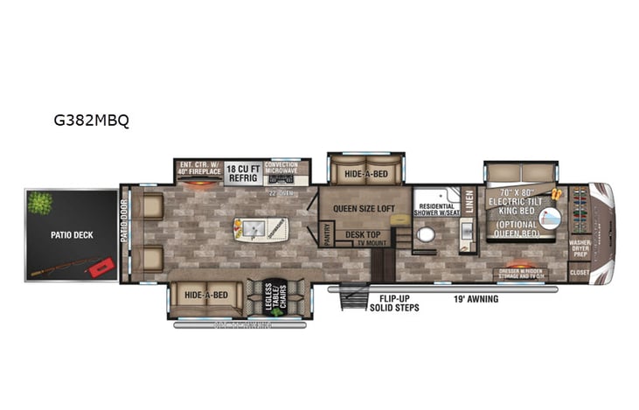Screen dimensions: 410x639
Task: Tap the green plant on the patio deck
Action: pyautogui.click(x=39, y=203)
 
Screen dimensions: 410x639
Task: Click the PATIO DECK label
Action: pyautogui.click(x=72, y=234)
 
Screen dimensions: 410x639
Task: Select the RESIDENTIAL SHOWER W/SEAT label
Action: pyautogui.click(x=434, y=209)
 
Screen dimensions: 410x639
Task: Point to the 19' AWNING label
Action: pyautogui.click(x=476, y=299)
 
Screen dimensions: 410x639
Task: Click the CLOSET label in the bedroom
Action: pyautogui.click(x=580, y=273)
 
